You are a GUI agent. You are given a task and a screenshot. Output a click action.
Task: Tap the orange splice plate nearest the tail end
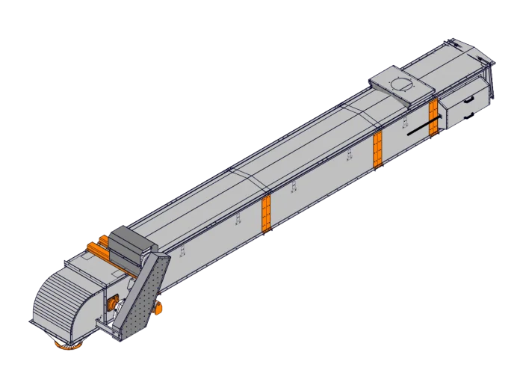click(433, 117)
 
